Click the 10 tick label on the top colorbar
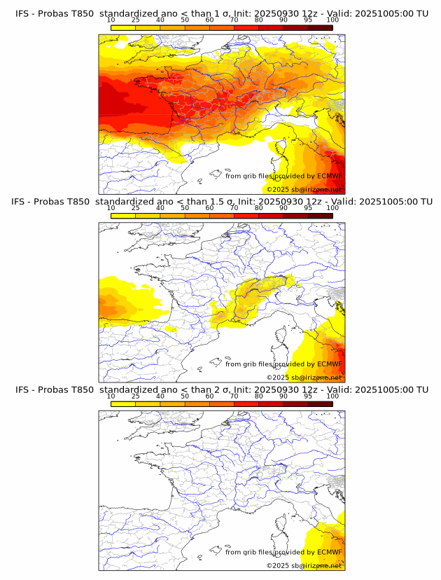click(x=111, y=20)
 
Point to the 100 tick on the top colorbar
click(x=332, y=20)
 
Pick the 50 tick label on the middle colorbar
click(x=185, y=208)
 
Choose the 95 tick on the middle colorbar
click(x=308, y=208)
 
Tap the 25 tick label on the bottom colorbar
click(x=136, y=396)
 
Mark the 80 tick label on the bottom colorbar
click(x=259, y=396)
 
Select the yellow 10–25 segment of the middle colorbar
click(x=123, y=216)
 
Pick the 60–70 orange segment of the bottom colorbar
click(x=222, y=404)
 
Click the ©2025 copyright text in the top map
click(x=304, y=190)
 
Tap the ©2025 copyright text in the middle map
click(x=304, y=378)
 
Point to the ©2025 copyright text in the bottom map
click(x=304, y=566)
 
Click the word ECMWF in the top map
click(x=329, y=176)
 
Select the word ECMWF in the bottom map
click(x=329, y=552)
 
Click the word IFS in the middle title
click(x=22, y=202)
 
